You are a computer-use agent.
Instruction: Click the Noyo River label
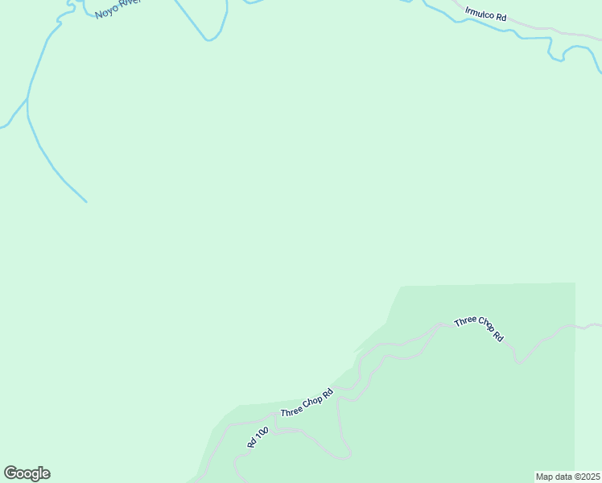click(118, 8)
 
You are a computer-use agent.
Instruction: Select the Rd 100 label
click(257, 438)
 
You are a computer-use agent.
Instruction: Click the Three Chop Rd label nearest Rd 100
click(307, 403)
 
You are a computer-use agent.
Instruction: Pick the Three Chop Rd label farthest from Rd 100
click(479, 328)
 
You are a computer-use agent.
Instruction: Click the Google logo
click(27, 473)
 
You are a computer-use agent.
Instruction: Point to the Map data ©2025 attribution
click(567, 477)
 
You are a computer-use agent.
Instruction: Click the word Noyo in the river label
click(106, 12)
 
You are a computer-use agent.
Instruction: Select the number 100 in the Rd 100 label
click(260, 434)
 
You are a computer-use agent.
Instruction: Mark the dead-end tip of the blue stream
click(86, 202)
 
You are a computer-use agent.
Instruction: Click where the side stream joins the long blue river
click(27, 98)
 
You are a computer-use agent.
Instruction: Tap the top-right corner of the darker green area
click(575, 283)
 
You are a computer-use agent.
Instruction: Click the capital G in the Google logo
click(10, 473)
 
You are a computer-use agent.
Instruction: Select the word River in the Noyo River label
click(130, 4)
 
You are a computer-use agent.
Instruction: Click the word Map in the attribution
click(544, 477)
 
